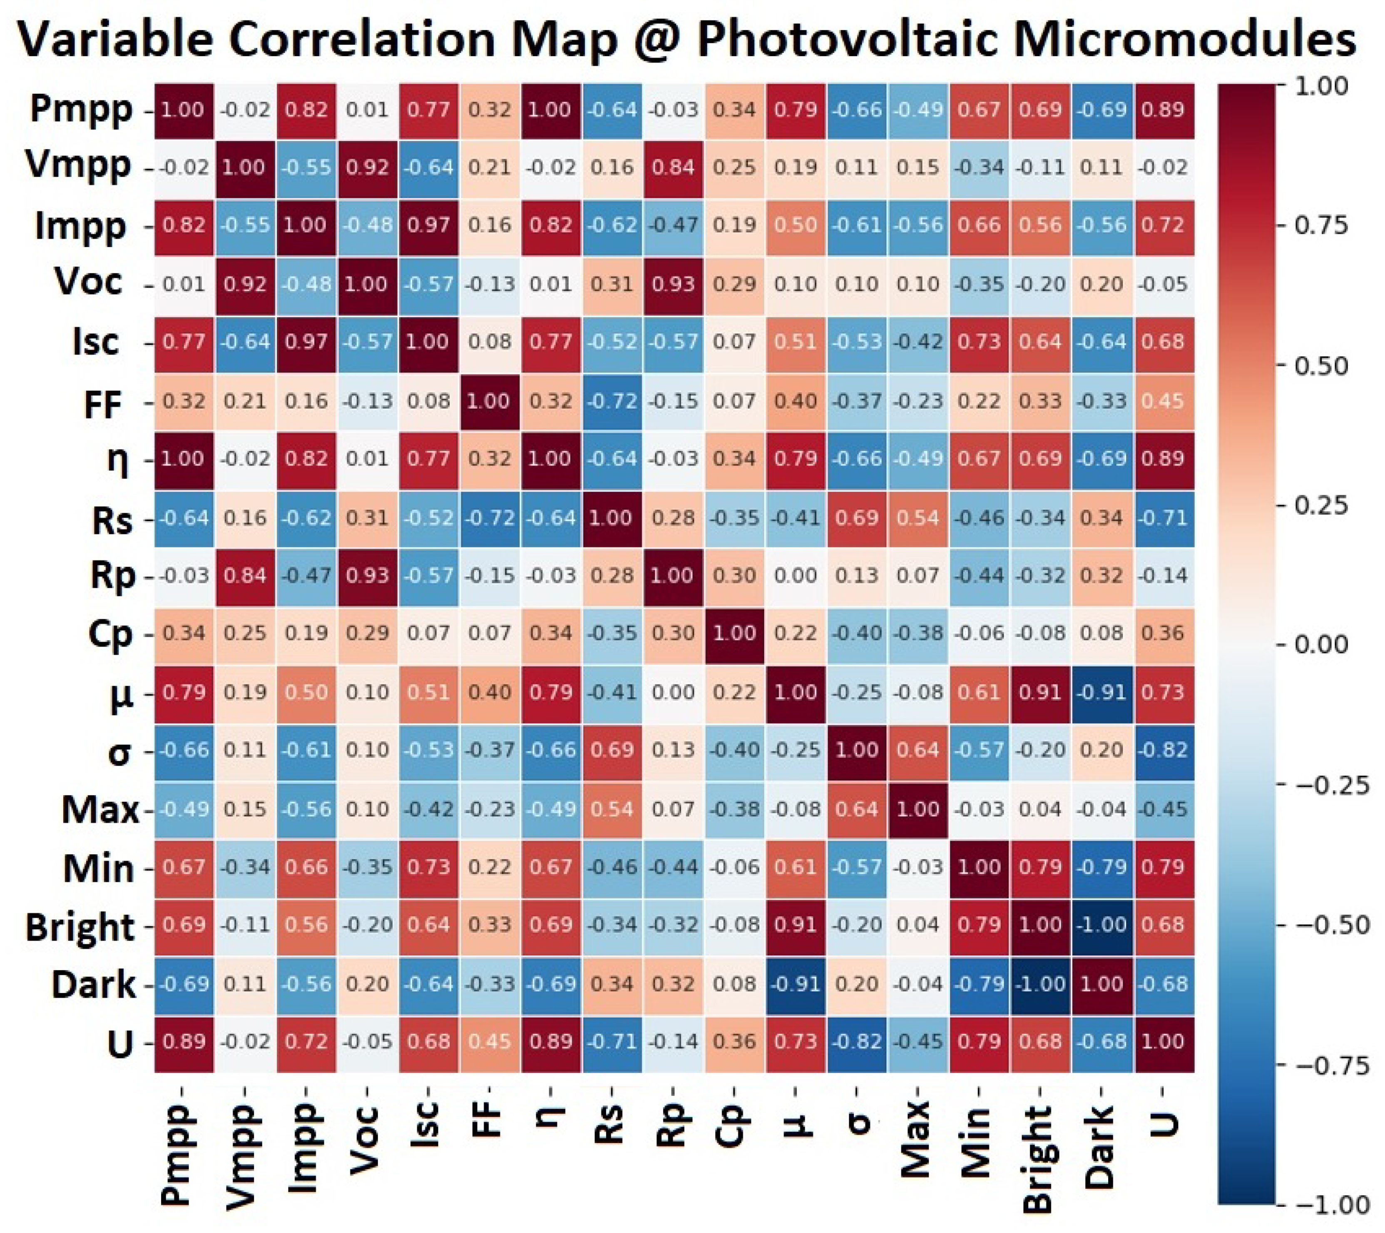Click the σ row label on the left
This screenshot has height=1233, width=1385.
119,751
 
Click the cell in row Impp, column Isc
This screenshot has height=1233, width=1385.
428,225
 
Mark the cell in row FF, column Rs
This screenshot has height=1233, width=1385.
612,401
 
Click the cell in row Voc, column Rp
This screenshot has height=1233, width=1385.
673,284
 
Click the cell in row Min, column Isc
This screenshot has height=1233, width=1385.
428,867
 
